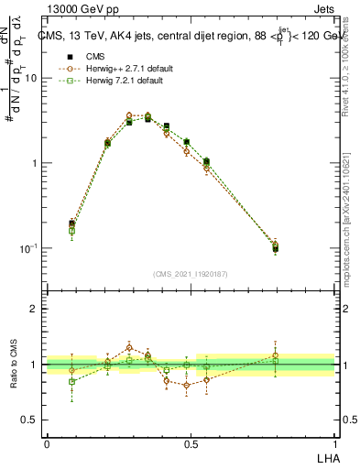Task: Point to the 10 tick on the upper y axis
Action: [x=31, y=78]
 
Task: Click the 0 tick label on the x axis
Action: [x=46, y=443]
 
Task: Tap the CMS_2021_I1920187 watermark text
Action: [x=191, y=274]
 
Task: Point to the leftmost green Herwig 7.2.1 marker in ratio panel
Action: [x=72, y=381]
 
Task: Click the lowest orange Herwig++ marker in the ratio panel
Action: [x=186, y=385]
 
